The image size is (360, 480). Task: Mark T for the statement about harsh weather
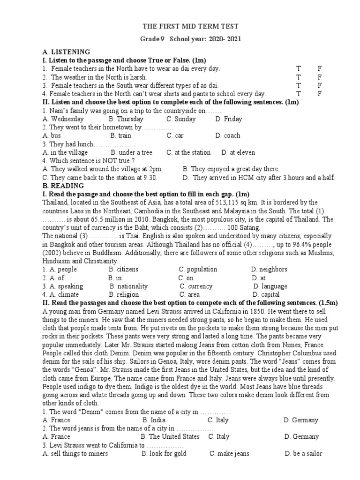coord(298,77)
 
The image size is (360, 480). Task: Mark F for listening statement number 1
coord(320,68)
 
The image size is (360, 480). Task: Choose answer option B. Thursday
coord(126,119)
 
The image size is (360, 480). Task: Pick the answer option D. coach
coord(228,136)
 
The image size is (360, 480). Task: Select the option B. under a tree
coord(131,153)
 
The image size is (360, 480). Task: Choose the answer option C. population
coord(198,270)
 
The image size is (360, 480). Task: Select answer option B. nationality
coord(129,286)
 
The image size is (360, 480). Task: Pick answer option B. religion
coord(124,295)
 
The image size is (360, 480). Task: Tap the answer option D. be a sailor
coord(303,454)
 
